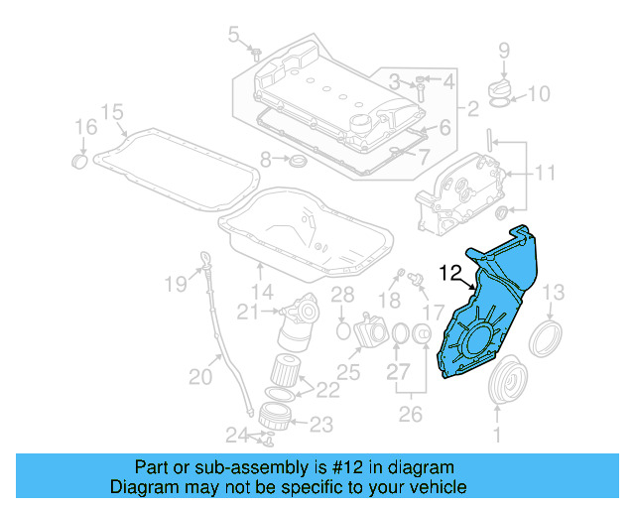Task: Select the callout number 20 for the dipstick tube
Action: [200, 376]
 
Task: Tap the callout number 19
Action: [175, 285]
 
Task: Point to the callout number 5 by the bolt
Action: [234, 36]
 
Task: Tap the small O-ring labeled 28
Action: [342, 328]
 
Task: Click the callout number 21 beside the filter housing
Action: [248, 313]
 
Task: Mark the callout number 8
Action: [266, 160]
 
